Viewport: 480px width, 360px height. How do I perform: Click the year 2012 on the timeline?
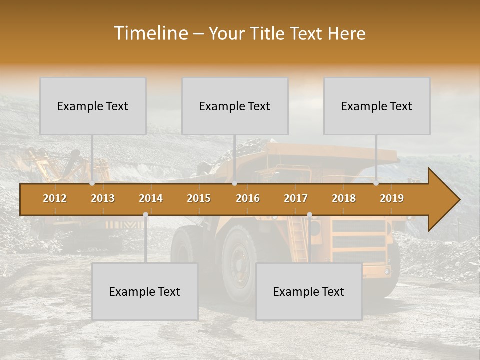55,198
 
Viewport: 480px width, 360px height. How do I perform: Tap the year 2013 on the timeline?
103,198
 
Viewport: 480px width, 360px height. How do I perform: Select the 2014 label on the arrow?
151,198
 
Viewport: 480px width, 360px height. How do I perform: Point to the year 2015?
199,198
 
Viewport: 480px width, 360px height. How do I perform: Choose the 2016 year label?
248,198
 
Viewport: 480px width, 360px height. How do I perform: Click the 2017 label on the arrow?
296,198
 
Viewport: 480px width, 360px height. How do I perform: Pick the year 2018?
344,198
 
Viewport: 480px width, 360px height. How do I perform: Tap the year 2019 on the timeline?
392,198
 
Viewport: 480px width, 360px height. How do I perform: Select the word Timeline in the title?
149,33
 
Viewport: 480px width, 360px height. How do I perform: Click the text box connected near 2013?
93,106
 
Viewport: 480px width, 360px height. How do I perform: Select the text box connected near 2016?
235,106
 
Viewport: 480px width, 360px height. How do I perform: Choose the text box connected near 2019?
377,106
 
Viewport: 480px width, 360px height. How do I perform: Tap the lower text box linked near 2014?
145,291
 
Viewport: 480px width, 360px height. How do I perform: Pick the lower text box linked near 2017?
309,291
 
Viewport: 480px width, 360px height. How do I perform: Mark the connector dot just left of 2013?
92,183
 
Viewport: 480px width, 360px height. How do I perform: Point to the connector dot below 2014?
145,215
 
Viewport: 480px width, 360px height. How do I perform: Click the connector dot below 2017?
309,215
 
